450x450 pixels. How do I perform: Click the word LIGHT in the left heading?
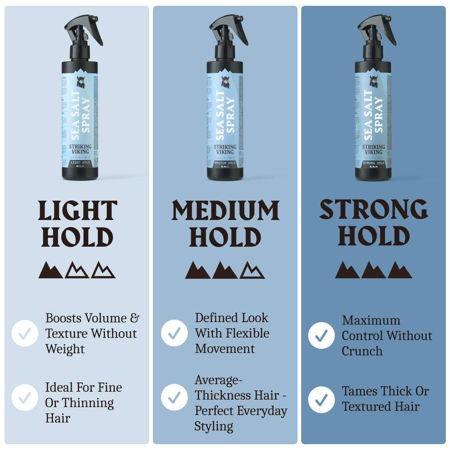pyautogui.click(x=77, y=211)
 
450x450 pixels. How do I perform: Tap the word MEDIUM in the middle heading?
pyautogui.click(x=225, y=211)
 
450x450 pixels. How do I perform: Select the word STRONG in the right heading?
pyautogui.click(x=374, y=210)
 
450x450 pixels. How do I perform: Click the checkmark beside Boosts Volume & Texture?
pyautogui.click(x=25, y=333)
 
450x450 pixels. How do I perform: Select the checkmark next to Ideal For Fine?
pyautogui.click(x=25, y=397)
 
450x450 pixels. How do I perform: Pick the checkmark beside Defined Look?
pyautogui.click(x=174, y=333)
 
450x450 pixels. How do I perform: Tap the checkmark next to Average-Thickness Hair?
pyautogui.click(x=174, y=397)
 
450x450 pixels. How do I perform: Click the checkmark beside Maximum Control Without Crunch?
pyautogui.click(x=321, y=336)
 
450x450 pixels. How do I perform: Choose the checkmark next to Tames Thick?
pyautogui.click(x=321, y=400)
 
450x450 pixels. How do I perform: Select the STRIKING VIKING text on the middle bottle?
pyautogui.click(x=225, y=149)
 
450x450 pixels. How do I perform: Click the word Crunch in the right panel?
pyautogui.click(x=362, y=351)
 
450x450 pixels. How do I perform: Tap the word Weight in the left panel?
pyautogui.click(x=65, y=349)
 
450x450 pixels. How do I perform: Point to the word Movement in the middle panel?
pyautogui.click(x=225, y=348)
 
